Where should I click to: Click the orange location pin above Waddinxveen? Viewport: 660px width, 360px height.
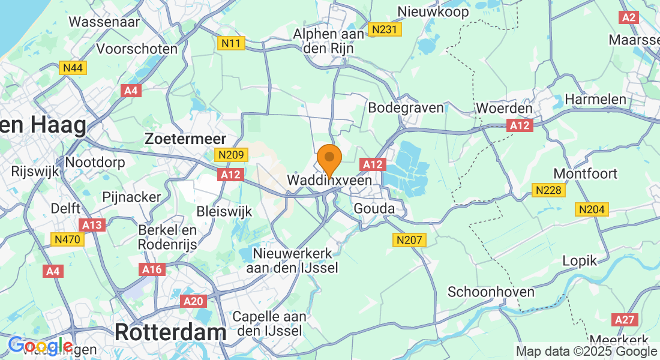coord(329,159)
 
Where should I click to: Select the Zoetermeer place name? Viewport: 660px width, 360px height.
coord(185,139)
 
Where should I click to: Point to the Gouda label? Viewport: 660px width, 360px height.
coord(374,209)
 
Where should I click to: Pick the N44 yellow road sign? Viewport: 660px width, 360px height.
coord(73,68)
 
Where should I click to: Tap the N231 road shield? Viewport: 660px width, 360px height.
coord(385,29)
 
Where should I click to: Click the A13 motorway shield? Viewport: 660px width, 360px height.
coord(92,224)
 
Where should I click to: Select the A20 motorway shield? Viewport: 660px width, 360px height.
coord(193,301)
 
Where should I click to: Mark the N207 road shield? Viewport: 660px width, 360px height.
coord(410,240)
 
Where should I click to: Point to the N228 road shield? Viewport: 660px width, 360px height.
coord(547,190)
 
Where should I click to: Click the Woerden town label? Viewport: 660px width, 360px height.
coord(504,109)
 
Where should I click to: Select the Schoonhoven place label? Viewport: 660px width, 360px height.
coord(491,292)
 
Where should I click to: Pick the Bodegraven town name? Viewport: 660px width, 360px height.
coord(406,108)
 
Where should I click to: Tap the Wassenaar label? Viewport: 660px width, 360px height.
coord(104,22)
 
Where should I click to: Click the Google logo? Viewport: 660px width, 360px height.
coord(40,346)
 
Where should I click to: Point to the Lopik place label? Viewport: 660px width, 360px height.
coord(580,260)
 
